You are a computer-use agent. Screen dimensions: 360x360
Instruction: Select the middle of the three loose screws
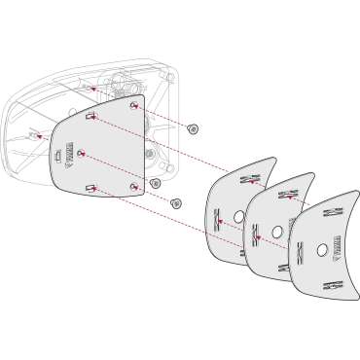pos(156,183)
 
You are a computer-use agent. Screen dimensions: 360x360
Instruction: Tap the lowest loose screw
pos(176,202)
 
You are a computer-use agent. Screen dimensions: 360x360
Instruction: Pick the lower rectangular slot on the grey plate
pos(90,186)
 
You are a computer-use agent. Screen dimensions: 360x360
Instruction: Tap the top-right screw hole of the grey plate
pos(132,104)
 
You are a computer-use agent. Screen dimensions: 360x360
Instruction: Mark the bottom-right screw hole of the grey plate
pos(133,184)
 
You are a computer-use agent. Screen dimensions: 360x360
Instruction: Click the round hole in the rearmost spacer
pos(237,207)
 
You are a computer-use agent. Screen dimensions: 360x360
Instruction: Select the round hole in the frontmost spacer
pos(321,251)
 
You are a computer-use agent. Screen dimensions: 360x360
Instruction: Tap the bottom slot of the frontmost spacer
pos(331,285)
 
